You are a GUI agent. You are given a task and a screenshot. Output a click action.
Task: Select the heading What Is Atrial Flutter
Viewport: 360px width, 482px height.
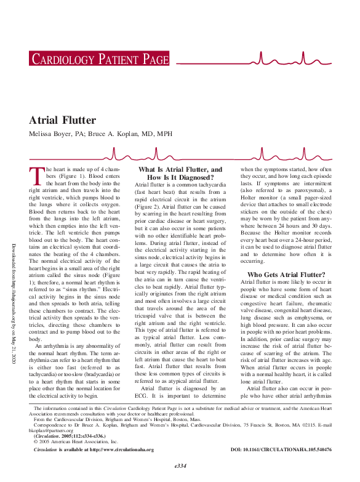pos(180,173)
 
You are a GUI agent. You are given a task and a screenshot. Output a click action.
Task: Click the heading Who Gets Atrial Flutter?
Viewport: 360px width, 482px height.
pos(286,275)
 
